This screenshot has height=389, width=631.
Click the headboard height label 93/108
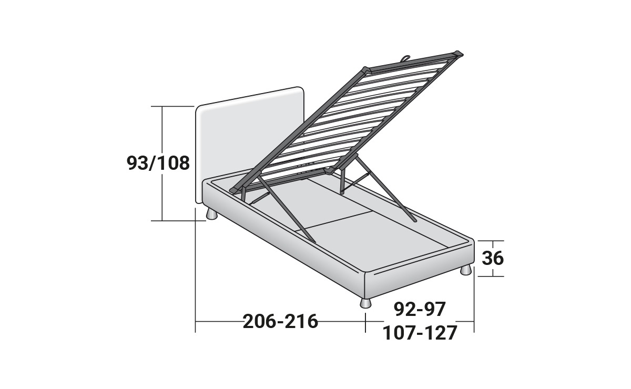click(x=158, y=163)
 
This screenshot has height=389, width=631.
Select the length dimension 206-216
click(x=280, y=321)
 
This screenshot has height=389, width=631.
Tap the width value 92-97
click(x=420, y=309)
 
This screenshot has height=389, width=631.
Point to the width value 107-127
click(x=420, y=333)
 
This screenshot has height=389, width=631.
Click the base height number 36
click(x=493, y=258)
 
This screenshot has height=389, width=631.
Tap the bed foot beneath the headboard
click(x=211, y=214)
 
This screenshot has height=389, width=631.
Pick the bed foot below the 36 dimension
click(x=466, y=270)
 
